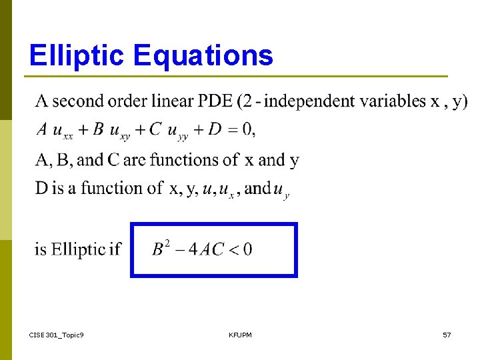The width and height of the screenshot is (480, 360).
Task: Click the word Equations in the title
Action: click(x=203, y=55)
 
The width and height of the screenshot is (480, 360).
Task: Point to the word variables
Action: click(x=393, y=101)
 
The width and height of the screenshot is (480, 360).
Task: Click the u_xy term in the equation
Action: click(x=121, y=131)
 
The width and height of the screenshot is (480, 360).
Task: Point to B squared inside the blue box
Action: click(x=161, y=249)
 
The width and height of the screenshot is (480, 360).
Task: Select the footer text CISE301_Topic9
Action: click(x=57, y=334)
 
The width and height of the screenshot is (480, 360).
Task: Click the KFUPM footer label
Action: click(x=240, y=334)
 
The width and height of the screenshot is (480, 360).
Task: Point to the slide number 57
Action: click(x=447, y=334)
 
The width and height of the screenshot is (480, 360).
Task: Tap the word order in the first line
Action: click(x=130, y=101)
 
